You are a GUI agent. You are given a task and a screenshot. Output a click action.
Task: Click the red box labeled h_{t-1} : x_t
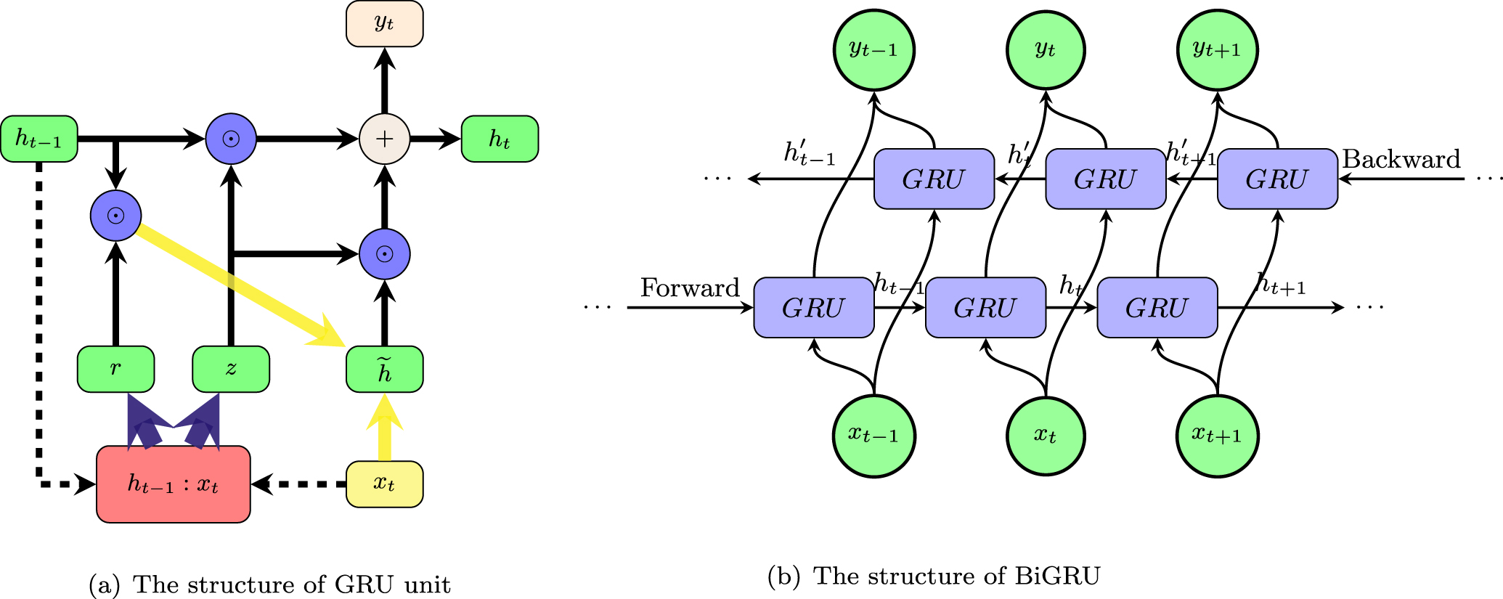(174, 484)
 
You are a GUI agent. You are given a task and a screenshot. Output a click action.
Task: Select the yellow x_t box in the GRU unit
(384, 484)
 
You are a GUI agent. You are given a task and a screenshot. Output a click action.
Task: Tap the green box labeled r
(115, 369)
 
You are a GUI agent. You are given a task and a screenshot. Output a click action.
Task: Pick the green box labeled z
(231, 369)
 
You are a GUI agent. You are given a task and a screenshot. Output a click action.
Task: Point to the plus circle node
(384, 139)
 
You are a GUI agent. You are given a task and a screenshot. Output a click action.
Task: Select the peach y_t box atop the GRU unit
(384, 24)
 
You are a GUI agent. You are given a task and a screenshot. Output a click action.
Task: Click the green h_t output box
(500, 139)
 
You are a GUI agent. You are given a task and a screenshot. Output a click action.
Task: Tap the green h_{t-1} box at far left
(39, 139)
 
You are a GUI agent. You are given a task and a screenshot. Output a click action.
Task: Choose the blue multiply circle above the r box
(115, 216)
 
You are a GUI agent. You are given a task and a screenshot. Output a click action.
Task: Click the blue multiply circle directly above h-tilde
(384, 254)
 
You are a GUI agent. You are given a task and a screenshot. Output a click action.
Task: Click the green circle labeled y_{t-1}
(873, 50)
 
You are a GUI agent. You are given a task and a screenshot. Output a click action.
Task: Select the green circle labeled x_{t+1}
(1217, 436)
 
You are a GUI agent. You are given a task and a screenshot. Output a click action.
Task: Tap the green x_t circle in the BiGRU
(1045, 436)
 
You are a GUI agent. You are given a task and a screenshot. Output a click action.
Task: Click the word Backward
(1401, 159)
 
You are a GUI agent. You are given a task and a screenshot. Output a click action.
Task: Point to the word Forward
(689, 288)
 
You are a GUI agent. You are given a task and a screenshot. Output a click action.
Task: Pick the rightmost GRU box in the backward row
(1276, 179)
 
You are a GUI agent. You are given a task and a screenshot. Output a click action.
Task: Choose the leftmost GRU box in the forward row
(813, 308)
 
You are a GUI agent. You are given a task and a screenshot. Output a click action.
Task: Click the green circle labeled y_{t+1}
(1217, 50)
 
